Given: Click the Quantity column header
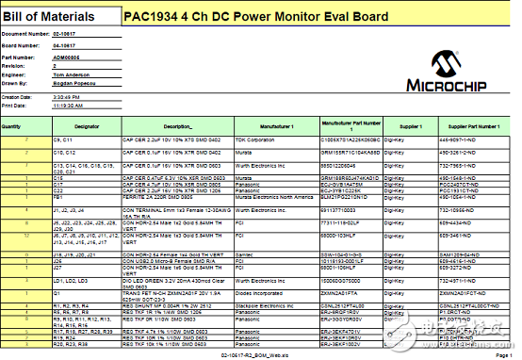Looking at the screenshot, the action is (12, 124).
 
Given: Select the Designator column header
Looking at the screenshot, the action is (87, 124).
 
